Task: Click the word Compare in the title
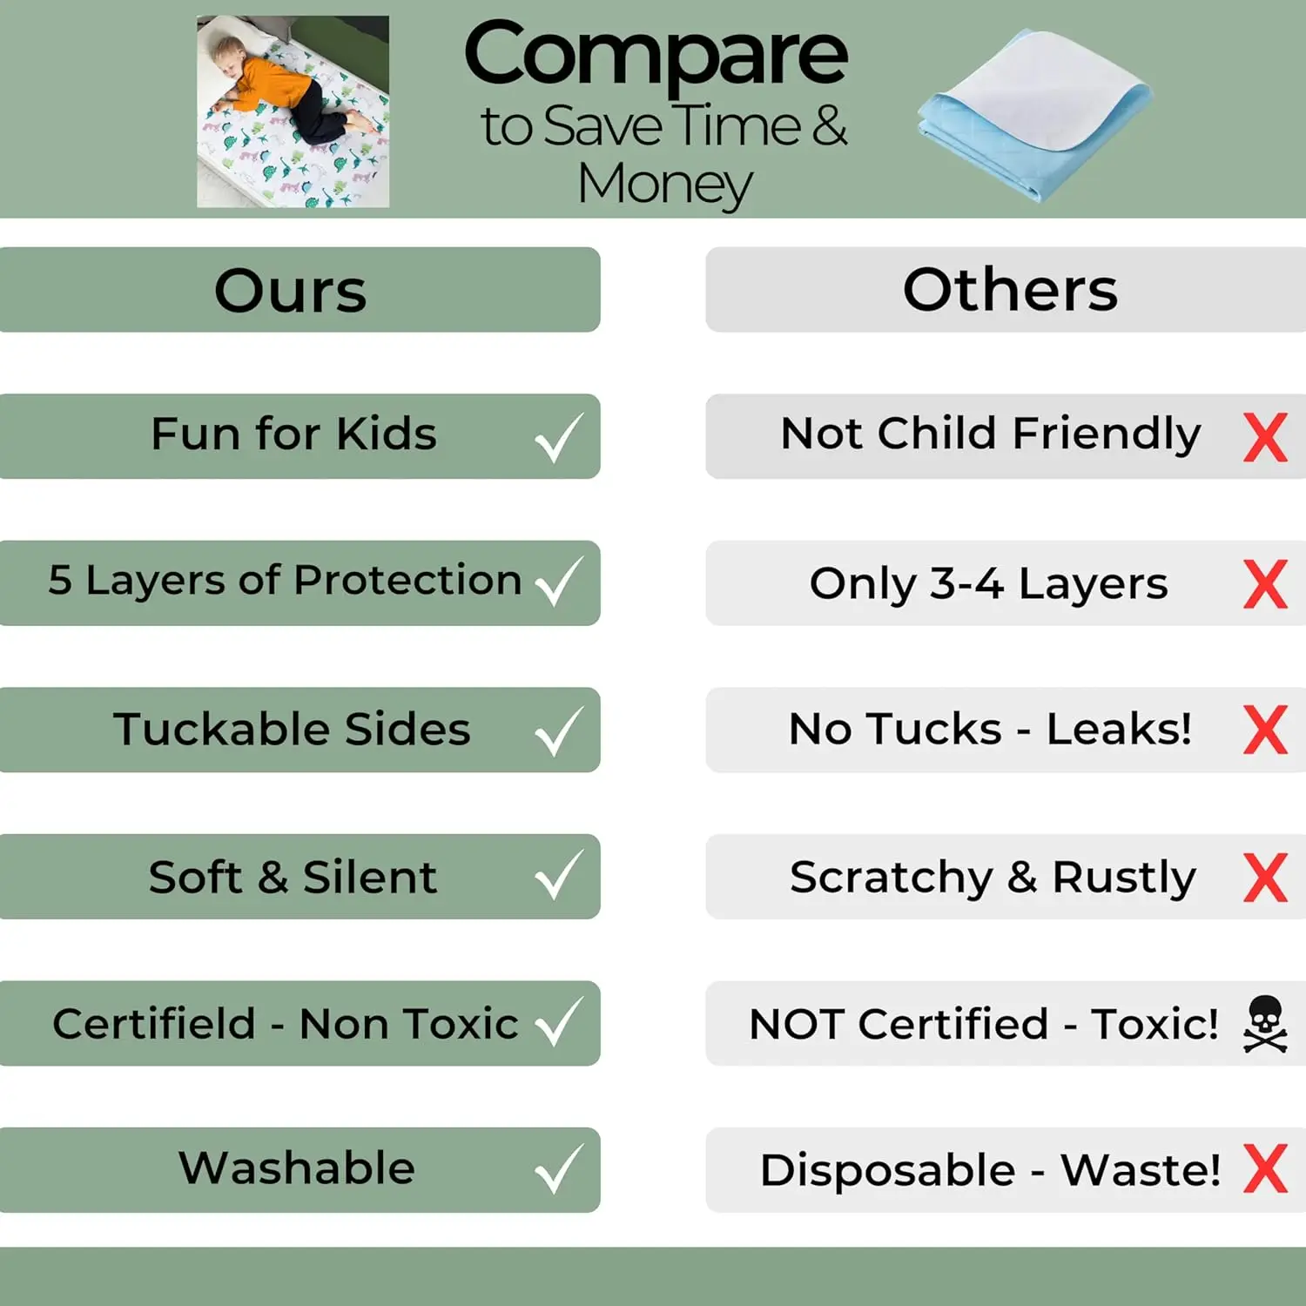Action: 656,54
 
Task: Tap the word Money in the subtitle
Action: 665,185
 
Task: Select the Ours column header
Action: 291,290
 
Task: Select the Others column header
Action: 1010,290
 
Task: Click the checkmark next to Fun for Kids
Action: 558,437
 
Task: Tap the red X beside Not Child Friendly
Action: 1265,437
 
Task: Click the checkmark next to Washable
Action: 558,1170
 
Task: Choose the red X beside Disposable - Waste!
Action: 1265,1169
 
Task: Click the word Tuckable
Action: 222,730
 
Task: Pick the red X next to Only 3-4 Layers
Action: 1265,583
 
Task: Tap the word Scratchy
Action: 891,878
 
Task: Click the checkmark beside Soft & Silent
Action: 558,877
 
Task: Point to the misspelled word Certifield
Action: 153,1024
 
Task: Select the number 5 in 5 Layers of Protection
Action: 59,581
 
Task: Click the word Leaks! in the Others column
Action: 1119,730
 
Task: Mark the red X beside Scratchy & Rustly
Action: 1265,877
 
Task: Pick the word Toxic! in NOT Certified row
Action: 1155,1024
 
